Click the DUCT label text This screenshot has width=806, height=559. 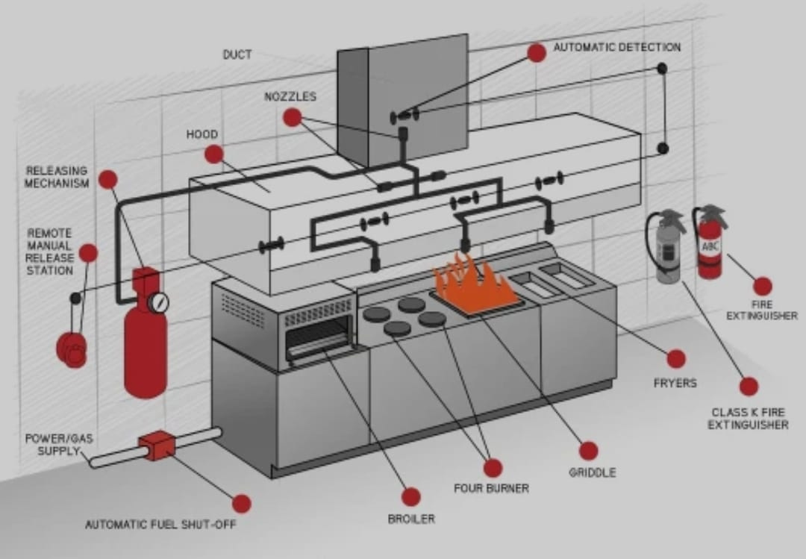point(237,54)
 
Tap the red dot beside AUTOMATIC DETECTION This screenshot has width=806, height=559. point(537,52)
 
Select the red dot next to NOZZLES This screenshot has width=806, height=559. point(292,117)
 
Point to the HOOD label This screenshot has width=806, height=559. point(201,134)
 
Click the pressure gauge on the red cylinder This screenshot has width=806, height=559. point(158,302)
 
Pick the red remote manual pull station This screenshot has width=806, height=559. point(72,348)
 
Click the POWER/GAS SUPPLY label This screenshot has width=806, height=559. point(59,445)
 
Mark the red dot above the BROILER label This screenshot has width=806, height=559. point(410,496)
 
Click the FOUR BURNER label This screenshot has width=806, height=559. point(491,488)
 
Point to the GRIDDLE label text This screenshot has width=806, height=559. point(592,472)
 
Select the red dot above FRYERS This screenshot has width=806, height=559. point(676,359)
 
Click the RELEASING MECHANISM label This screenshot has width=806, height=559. point(57,177)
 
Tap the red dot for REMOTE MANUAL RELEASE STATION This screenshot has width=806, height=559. point(88,253)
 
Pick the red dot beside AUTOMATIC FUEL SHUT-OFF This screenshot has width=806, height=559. point(241,504)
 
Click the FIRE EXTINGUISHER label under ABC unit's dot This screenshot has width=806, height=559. point(762,310)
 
